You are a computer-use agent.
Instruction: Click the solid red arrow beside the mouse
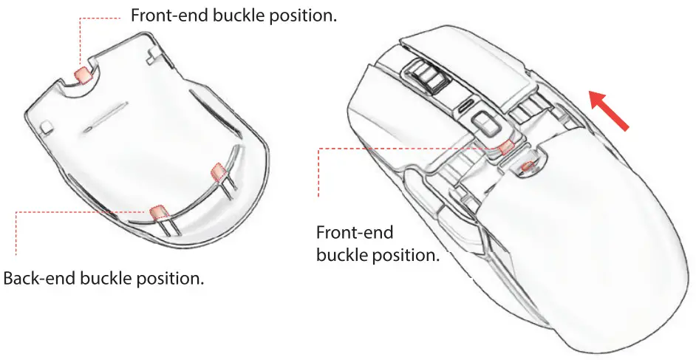(x=608, y=110)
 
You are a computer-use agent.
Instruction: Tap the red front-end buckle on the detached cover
(x=83, y=75)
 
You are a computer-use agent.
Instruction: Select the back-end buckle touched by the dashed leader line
(x=157, y=213)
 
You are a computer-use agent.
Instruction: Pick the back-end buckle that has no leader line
(x=218, y=171)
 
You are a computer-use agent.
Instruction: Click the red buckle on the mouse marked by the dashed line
(x=506, y=147)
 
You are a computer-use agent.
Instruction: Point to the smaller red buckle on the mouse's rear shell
(x=528, y=167)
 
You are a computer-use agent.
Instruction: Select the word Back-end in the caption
(x=38, y=279)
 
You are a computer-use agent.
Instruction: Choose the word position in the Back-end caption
(x=171, y=279)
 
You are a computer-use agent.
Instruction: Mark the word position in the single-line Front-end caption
(x=303, y=16)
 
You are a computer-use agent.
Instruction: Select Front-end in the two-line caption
(x=355, y=232)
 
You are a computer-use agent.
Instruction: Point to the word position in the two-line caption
(x=406, y=256)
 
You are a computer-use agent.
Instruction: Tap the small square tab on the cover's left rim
(x=47, y=126)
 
